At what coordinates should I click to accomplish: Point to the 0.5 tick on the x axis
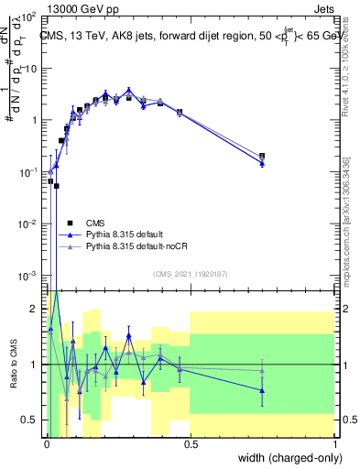(191, 444)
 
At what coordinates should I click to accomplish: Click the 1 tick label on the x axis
(335, 444)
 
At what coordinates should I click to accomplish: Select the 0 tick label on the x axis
(47, 444)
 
